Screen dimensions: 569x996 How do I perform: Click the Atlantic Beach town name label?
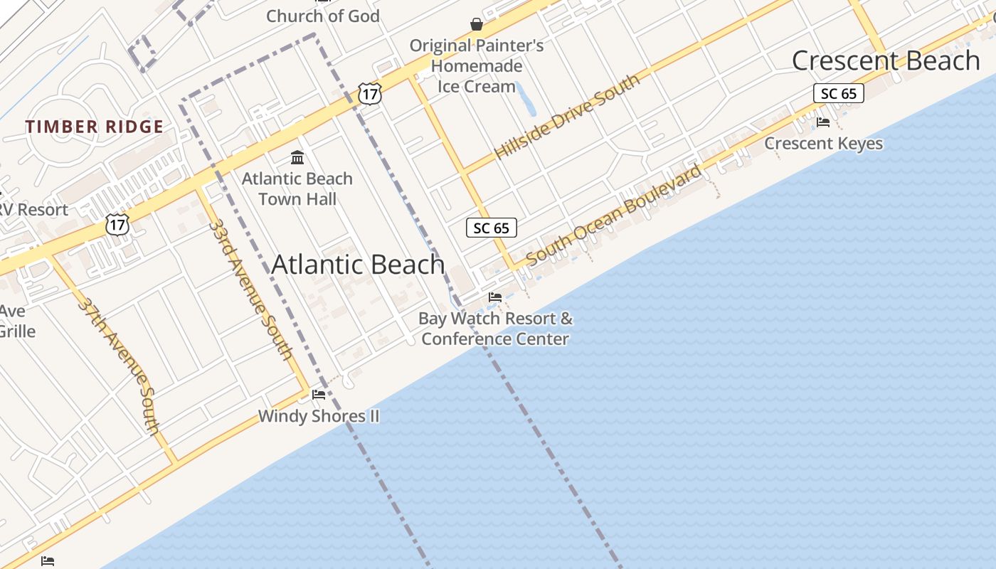pyautogui.click(x=358, y=265)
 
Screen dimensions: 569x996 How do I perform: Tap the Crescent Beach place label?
pyautogui.click(x=886, y=60)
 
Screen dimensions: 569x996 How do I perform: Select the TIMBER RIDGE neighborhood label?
pyautogui.click(x=95, y=127)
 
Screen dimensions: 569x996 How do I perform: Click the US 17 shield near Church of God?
pyautogui.click(x=370, y=94)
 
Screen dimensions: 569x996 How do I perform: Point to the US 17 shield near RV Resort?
pyautogui.click(x=118, y=225)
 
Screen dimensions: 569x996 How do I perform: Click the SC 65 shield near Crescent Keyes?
pyautogui.click(x=839, y=93)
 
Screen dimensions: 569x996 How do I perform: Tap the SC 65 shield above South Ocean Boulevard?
pyautogui.click(x=492, y=228)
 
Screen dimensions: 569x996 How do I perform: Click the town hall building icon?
pyautogui.click(x=297, y=157)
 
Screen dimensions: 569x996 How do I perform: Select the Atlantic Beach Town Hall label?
pyautogui.click(x=297, y=188)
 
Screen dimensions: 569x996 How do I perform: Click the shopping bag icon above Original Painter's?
pyautogui.click(x=477, y=25)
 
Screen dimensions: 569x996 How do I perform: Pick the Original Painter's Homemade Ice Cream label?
pyautogui.click(x=477, y=66)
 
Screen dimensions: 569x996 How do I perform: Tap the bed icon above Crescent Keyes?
pyautogui.click(x=823, y=122)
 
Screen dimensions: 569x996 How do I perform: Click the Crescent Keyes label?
pyautogui.click(x=823, y=144)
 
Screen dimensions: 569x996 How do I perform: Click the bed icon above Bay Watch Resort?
pyautogui.click(x=495, y=297)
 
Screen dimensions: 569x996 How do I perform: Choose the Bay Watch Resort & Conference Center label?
pyautogui.click(x=496, y=329)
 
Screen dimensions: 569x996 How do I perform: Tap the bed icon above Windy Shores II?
pyautogui.click(x=319, y=394)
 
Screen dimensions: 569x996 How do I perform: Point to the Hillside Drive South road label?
pyautogui.click(x=567, y=117)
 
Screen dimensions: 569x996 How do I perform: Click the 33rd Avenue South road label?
pyautogui.click(x=250, y=290)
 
